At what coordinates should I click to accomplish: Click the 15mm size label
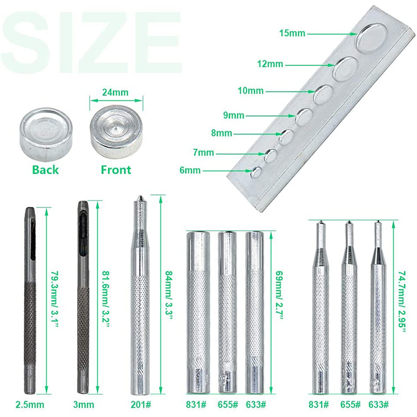(x=292, y=34)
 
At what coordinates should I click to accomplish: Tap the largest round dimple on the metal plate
(x=372, y=41)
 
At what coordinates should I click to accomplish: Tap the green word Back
(x=45, y=169)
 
